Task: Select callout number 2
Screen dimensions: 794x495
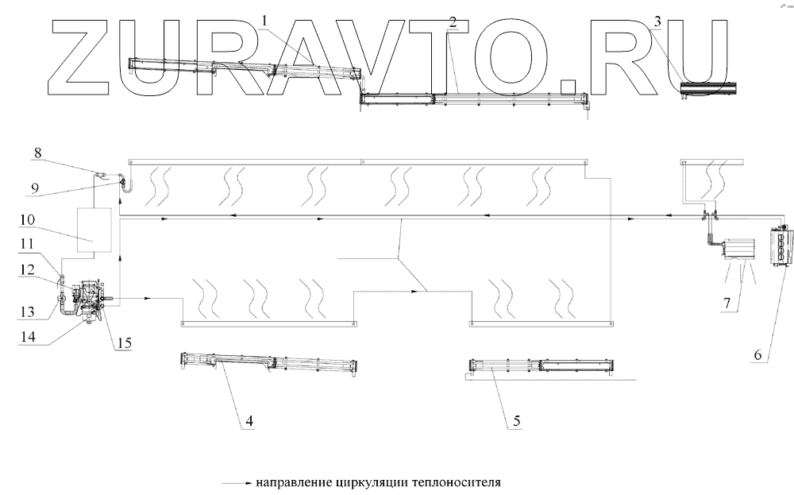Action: (x=452, y=21)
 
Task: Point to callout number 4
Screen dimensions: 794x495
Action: (x=249, y=422)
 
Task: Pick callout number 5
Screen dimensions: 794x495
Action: (x=517, y=422)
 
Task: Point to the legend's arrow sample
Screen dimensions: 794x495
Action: (x=237, y=482)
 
